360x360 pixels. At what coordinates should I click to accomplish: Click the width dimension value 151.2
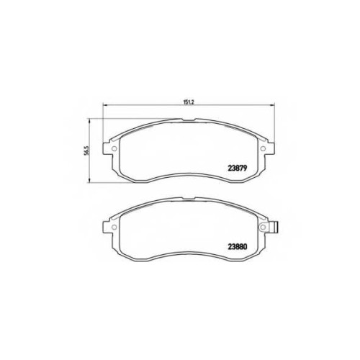tap(189, 102)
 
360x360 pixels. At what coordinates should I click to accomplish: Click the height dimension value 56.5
tap(87, 150)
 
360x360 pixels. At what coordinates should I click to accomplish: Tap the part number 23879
tap(238, 168)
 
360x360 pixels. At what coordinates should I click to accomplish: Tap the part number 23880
tap(238, 246)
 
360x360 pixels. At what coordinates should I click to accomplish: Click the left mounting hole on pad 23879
tap(114, 148)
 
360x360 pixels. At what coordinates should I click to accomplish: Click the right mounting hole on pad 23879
tap(263, 148)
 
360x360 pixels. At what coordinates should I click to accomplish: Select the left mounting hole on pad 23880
tap(114, 227)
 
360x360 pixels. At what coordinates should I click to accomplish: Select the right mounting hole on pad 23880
tap(263, 227)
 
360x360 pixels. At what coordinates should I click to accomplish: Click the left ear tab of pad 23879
tap(107, 148)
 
